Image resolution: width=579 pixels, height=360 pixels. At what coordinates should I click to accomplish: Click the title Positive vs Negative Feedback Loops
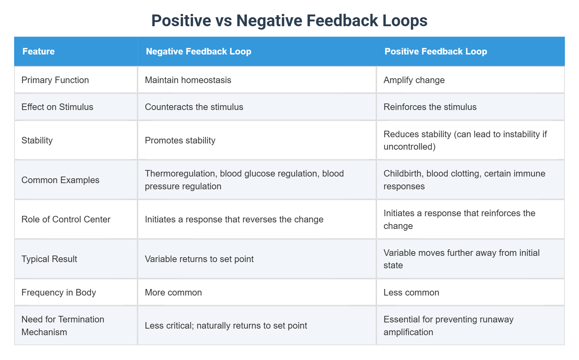[289, 21]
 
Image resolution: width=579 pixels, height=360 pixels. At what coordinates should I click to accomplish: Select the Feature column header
[39, 51]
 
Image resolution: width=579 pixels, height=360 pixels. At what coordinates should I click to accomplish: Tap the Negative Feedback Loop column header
[199, 51]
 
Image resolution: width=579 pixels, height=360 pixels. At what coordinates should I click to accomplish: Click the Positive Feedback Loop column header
[436, 51]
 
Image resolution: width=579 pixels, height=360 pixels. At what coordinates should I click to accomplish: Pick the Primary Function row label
[55, 80]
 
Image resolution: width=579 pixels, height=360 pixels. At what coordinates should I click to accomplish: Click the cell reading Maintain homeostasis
[188, 80]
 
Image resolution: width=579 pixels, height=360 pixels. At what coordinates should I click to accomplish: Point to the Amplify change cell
[414, 80]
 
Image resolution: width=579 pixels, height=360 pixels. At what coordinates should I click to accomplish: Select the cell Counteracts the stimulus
[194, 107]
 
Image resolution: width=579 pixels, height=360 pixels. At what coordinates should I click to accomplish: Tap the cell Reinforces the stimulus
[430, 107]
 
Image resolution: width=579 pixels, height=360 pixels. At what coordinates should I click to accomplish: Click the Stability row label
[37, 140]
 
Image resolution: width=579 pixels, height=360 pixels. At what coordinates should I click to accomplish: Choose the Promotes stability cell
[180, 140]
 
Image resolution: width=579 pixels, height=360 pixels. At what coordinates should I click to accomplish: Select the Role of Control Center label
[66, 219]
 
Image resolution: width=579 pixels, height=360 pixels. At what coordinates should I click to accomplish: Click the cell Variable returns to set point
[199, 259]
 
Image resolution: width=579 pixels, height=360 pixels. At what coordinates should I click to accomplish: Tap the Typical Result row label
[49, 259]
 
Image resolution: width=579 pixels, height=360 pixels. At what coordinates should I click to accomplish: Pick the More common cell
[173, 292]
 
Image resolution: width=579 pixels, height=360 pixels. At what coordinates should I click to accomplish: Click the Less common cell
[411, 292]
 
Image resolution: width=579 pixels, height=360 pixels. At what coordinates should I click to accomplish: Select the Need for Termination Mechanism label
[62, 326]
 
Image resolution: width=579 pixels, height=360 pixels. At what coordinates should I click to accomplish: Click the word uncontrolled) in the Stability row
[409, 147]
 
